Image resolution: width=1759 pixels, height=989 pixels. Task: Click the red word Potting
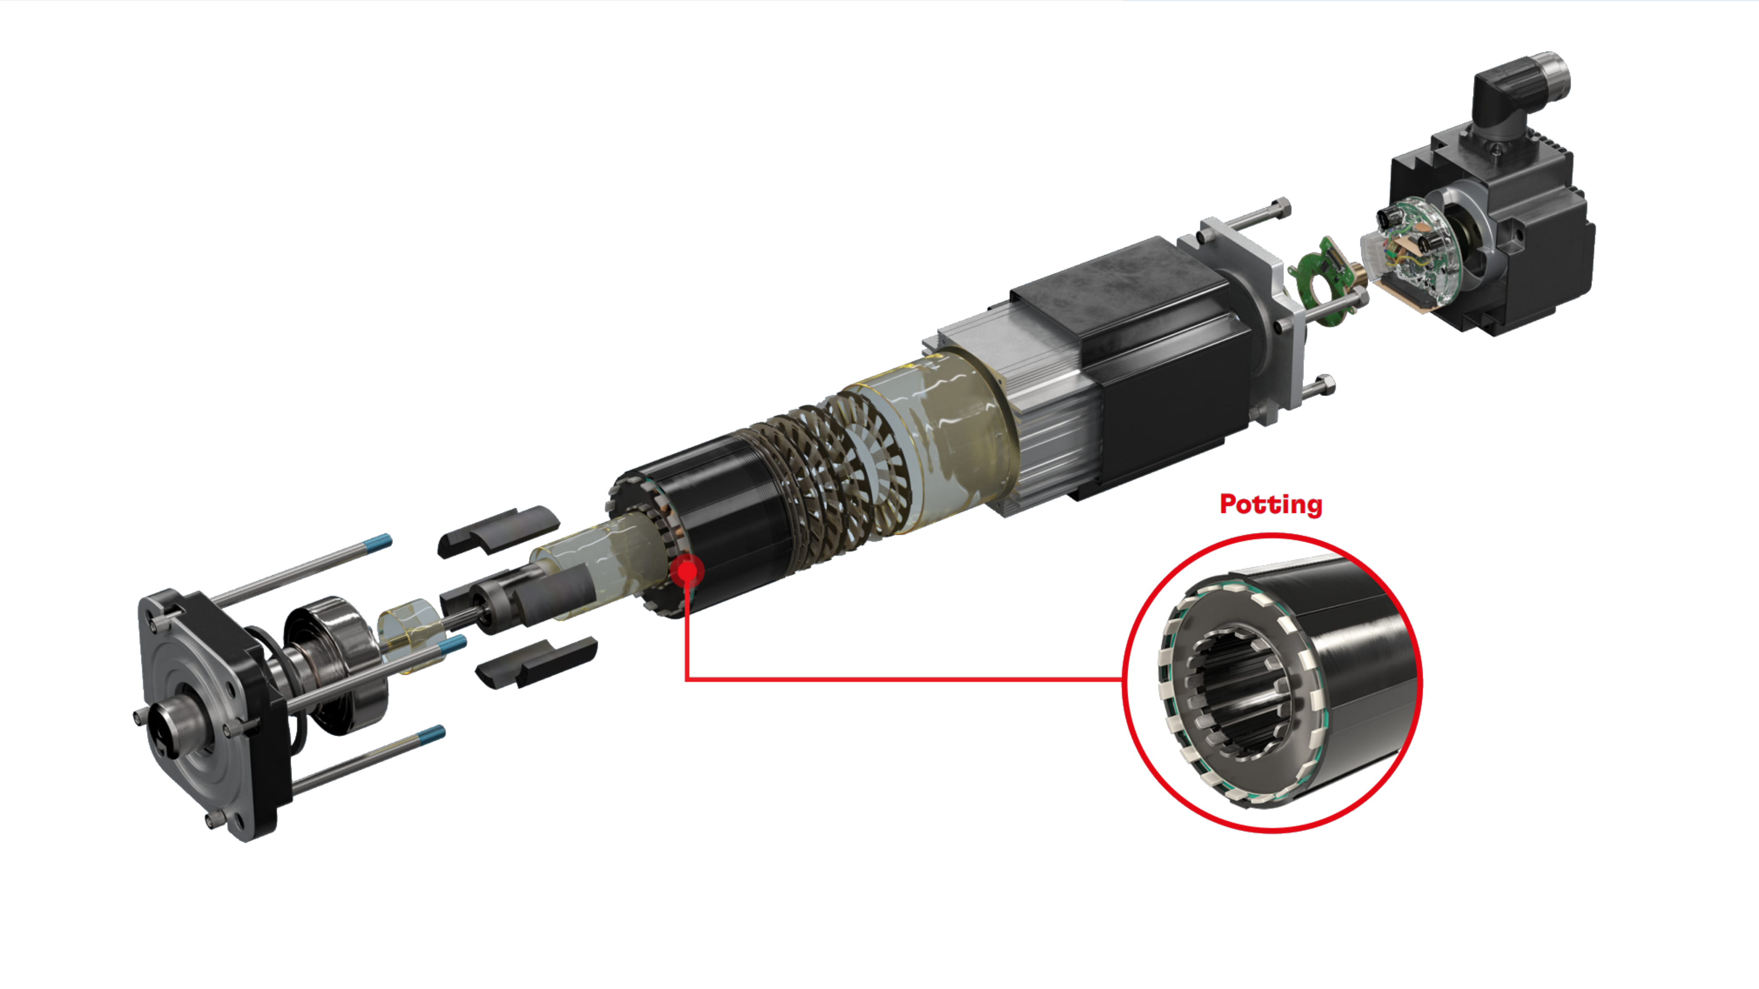pyautogui.click(x=1271, y=506)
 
